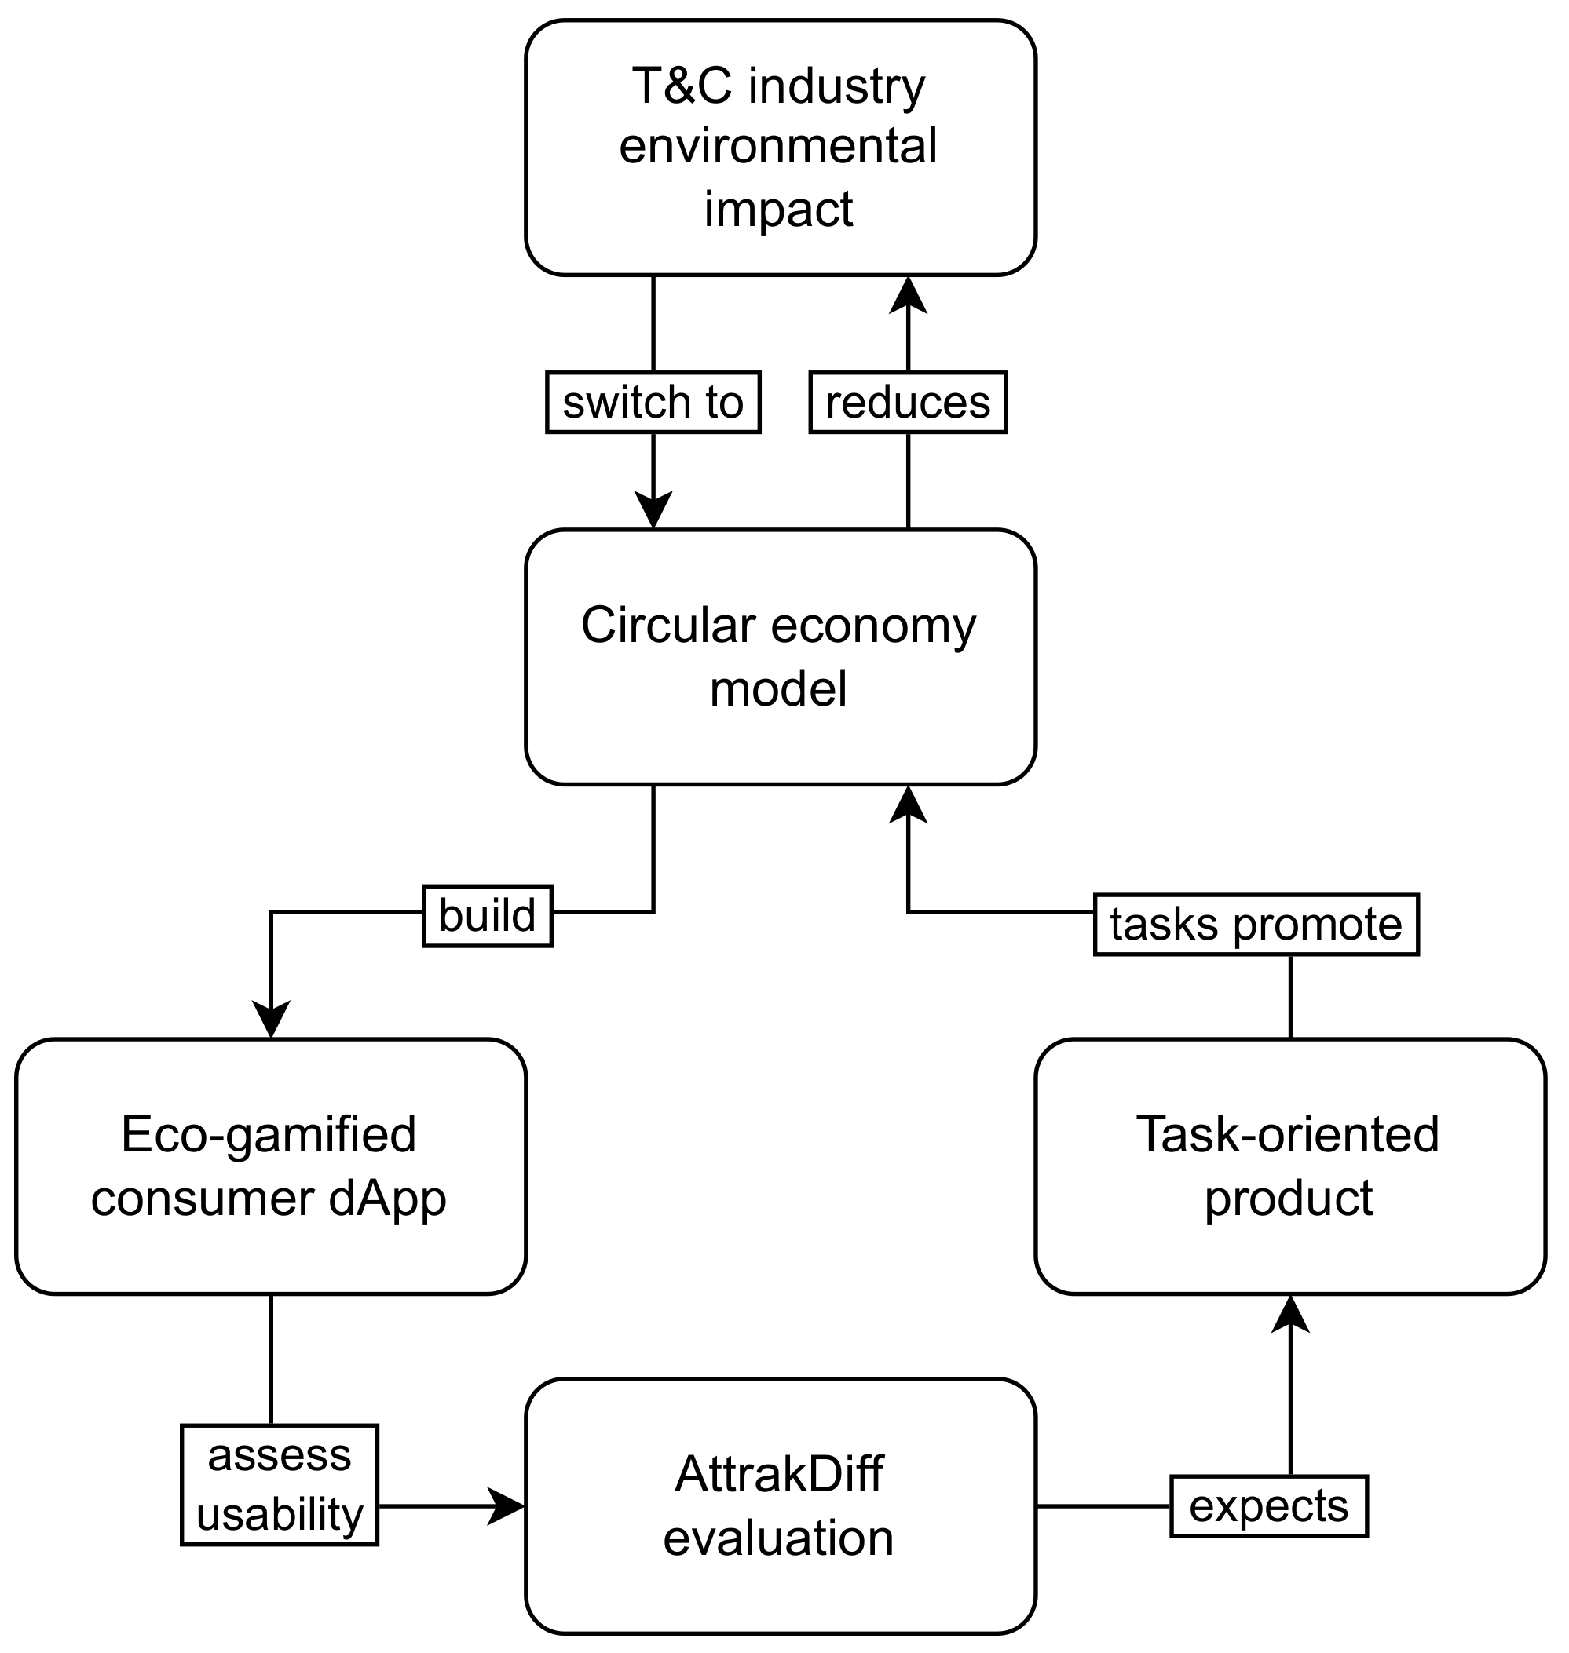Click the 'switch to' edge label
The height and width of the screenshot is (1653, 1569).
pos(653,402)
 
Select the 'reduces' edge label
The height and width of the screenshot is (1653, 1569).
pos(908,402)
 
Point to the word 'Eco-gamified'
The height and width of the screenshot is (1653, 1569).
pos(269,1135)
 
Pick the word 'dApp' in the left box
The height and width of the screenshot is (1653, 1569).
pos(387,1199)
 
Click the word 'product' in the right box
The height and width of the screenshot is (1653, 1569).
pos(1288,1199)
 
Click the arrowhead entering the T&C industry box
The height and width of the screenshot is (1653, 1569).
pos(909,294)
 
